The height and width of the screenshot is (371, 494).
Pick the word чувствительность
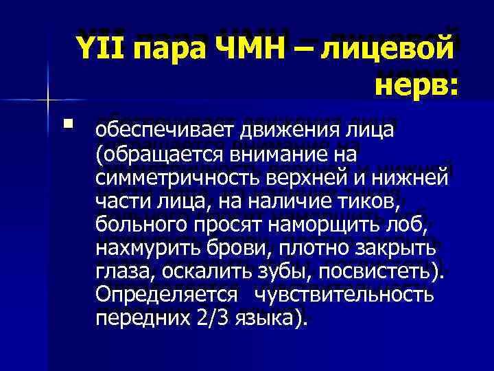(x=344, y=295)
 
